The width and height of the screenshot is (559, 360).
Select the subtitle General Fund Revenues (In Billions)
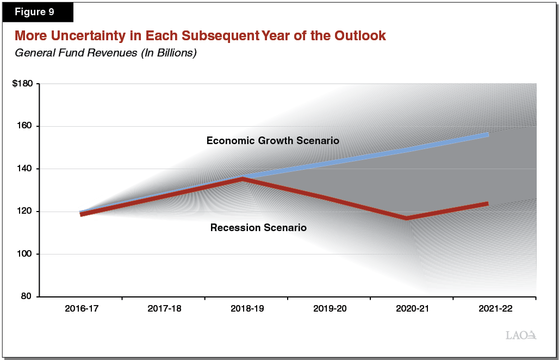tap(105, 53)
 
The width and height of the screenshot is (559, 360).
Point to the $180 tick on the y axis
tap(23, 84)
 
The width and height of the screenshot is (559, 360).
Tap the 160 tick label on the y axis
tap(27, 126)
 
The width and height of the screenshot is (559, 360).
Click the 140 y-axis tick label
tap(27, 169)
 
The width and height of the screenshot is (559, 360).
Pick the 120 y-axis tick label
tap(27, 212)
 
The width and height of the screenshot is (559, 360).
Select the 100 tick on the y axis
tap(27, 254)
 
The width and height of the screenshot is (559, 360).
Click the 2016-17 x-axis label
tap(81, 309)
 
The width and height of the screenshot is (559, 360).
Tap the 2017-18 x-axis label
tap(164, 309)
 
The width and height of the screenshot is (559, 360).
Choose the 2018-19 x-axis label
tap(246, 309)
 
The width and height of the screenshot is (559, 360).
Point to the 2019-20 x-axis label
tap(330, 309)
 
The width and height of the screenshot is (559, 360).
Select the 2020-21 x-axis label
tap(412, 309)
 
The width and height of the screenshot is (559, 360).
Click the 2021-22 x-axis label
tap(495, 309)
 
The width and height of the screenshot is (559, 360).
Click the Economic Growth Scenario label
tap(272, 141)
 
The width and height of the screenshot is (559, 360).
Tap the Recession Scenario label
tap(258, 228)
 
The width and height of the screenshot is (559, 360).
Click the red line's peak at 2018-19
tap(241, 178)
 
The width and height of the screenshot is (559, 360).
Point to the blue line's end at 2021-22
tap(487, 134)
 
